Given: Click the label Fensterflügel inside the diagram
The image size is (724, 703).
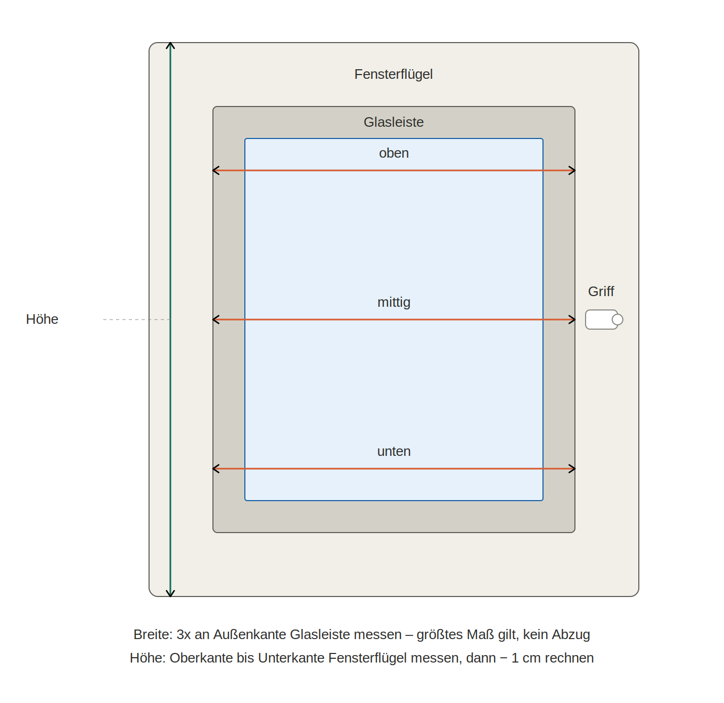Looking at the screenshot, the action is click(x=393, y=75).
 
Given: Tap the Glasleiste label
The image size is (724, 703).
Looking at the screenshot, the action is click(x=393, y=122).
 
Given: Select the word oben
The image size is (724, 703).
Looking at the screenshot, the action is click(x=393, y=153).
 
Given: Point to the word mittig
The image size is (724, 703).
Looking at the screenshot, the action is click(x=393, y=302).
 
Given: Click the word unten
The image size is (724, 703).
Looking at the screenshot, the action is click(x=393, y=451).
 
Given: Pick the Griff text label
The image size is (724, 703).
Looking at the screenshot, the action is click(x=601, y=291).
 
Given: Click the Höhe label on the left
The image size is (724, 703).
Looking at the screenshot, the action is click(x=42, y=320).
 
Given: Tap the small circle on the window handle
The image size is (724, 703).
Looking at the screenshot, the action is click(x=617, y=320).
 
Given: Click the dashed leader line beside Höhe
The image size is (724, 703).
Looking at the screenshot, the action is click(x=136, y=320).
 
